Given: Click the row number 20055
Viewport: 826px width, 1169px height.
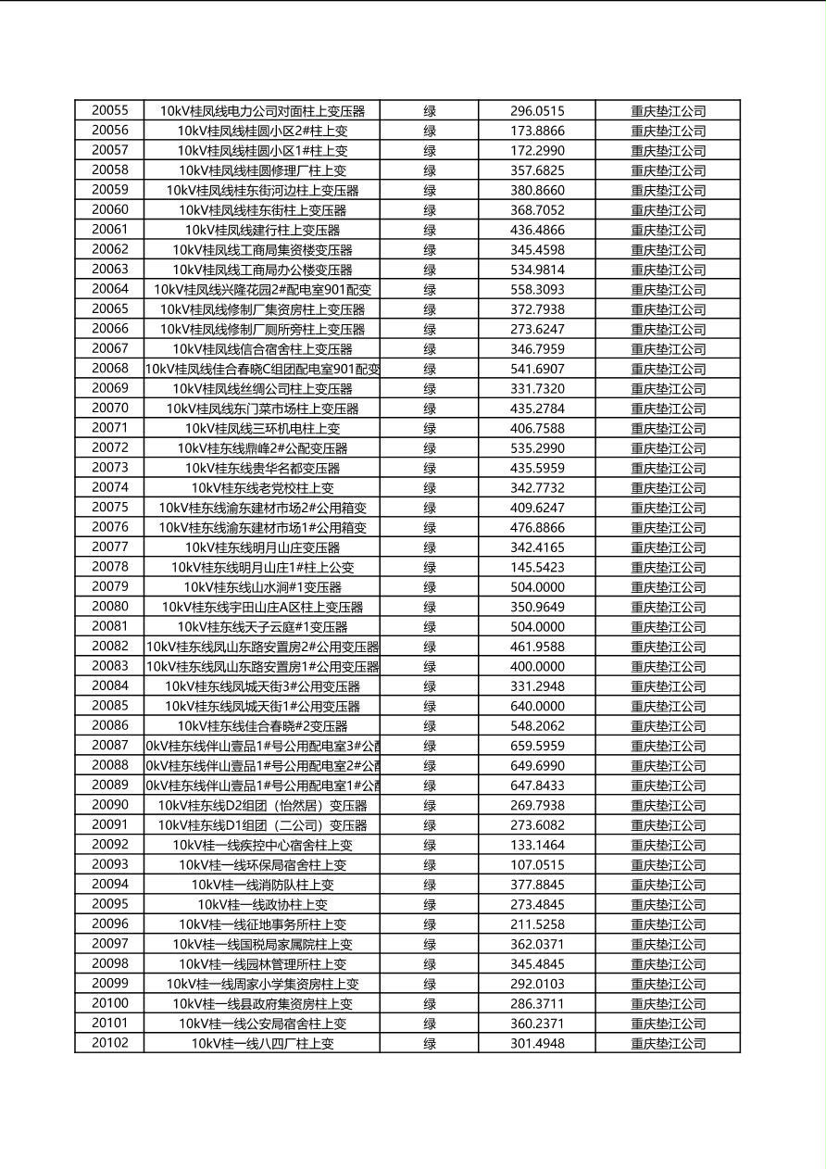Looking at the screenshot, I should pyautogui.click(x=110, y=110).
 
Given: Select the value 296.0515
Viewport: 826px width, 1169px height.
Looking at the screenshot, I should pyautogui.click(x=537, y=110).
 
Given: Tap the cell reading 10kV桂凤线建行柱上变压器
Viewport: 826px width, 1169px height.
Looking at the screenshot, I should pyautogui.click(x=262, y=230).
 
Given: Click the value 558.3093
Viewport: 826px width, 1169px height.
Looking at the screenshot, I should pyautogui.click(x=537, y=289).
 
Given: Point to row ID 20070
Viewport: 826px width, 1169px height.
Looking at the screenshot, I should pyautogui.click(x=110, y=409).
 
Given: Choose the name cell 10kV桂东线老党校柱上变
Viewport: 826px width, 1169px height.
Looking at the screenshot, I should pyautogui.click(x=262, y=488).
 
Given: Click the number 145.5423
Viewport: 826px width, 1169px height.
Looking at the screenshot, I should pyautogui.click(x=537, y=567).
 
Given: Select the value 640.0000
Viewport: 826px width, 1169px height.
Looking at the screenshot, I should pyautogui.click(x=537, y=706).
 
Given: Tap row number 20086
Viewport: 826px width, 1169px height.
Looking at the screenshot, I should pyautogui.click(x=110, y=726).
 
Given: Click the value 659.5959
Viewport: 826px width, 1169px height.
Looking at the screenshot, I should pyautogui.click(x=537, y=746).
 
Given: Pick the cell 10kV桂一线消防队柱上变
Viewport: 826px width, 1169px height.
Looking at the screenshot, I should pyautogui.click(x=262, y=885).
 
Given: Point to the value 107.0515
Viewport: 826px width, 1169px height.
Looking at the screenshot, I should pyautogui.click(x=537, y=865).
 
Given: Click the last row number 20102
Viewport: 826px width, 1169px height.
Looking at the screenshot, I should pyautogui.click(x=110, y=1043).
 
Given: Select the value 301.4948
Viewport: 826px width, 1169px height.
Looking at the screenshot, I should pyautogui.click(x=537, y=1043).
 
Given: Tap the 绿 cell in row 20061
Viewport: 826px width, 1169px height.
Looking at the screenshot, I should pyautogui.click(x=430, y=230).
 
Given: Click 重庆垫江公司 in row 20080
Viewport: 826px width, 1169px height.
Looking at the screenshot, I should pyautogui.click(x=668, y=607).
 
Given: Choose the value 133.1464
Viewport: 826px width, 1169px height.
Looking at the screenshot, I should pyautogui.click(x=537, y=845).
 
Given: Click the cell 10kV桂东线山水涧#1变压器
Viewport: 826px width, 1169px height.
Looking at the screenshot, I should pyautogui.click(x=262, y=587).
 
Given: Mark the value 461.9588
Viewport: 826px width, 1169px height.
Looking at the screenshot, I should pyautogui.click(x=537, y=647).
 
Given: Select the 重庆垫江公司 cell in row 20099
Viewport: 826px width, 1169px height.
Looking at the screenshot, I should pyautogui.click(x=668, y=984).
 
